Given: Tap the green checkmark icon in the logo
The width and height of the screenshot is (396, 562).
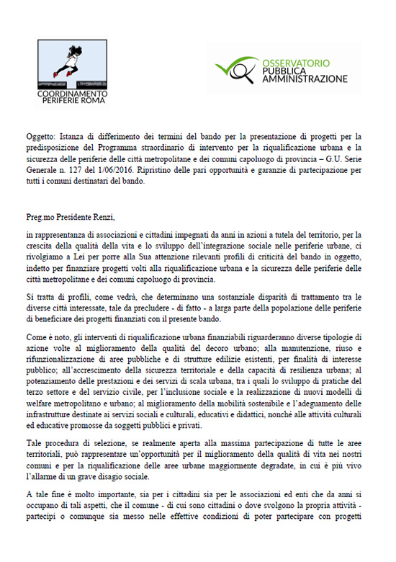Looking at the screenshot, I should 233,70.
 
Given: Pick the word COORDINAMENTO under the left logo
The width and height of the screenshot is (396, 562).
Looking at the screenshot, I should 72,94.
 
